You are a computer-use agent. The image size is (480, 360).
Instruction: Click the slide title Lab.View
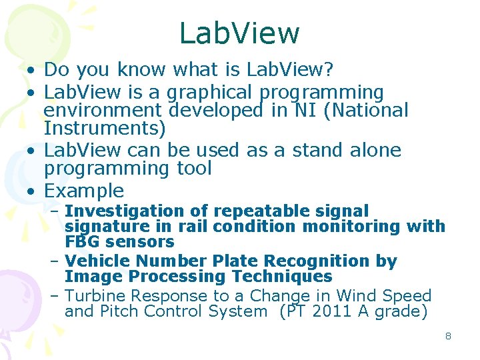coord(239,33)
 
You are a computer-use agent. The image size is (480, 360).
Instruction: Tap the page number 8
coord(448,336)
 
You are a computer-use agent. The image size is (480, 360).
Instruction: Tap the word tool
coord(191,168)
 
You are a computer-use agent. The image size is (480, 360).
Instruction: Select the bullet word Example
coord(84,191)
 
